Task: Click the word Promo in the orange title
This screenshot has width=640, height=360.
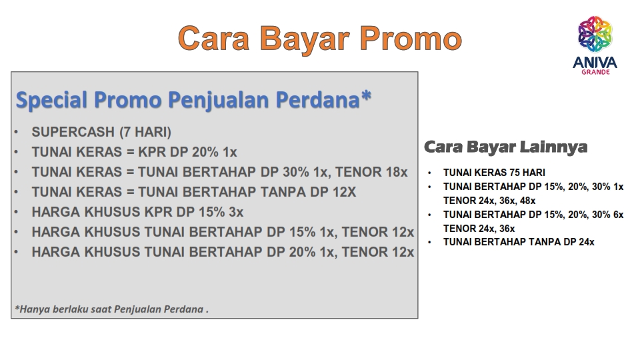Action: [x=411, y=39]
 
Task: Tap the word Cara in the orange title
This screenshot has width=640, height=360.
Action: [x=213, y=39]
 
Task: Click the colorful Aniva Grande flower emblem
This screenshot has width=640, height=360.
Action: [x=595, y=34]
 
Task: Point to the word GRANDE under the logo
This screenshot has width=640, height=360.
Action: [x=595, y=72]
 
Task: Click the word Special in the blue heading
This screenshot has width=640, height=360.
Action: [x=51, y=100]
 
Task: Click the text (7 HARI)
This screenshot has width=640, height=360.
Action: [x=145, y=132]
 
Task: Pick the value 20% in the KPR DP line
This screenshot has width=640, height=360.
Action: [x=205, y=152]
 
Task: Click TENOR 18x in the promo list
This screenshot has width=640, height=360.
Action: [x=371, y=172]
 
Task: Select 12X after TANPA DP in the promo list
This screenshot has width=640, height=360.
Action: [x=345, y=192]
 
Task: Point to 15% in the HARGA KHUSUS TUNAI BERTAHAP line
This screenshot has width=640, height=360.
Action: [x=303, y=232]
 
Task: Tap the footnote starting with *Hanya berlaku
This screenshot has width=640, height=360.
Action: [x=111, y=309]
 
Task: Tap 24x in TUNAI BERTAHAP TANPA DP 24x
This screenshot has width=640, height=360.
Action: [x=587, y=242]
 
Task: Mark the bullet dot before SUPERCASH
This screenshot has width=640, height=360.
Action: [x=16, y=132]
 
